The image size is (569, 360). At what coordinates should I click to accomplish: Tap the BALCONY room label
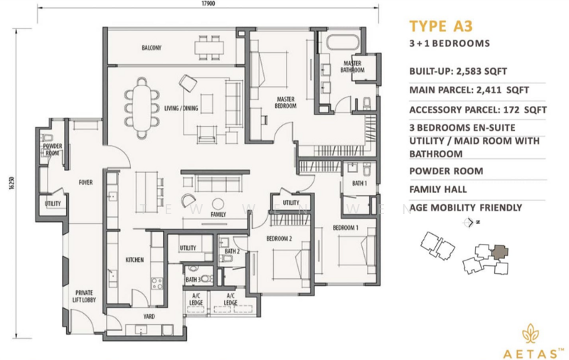click(x=151, y=48)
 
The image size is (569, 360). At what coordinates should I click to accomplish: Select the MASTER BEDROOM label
click(x=285, y=102)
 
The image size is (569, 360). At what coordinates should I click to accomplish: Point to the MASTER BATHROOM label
click(x=352, y=67)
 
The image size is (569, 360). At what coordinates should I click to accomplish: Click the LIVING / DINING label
click(x=181, y=108)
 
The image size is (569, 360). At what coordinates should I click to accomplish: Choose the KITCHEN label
click(x=135, y=260)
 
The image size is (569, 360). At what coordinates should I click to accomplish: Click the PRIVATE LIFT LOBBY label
click(x=84, y=297)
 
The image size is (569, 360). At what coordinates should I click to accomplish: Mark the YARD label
click(x=150, y=316)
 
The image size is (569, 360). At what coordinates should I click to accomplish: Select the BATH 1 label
click(x=359, y=184)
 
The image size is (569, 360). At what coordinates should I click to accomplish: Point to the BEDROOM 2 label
click(x=280, y=238)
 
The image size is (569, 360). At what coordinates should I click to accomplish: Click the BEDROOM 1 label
click(x=346, y=228)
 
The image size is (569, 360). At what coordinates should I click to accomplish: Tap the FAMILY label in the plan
click(x=218, y=214)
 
